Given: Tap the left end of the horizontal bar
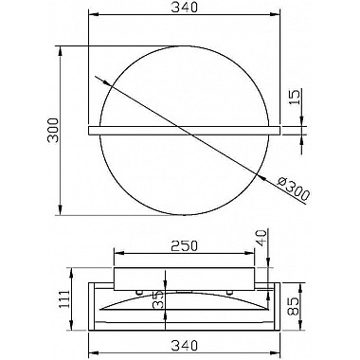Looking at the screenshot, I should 91,127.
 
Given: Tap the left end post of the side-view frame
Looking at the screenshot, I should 92,302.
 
